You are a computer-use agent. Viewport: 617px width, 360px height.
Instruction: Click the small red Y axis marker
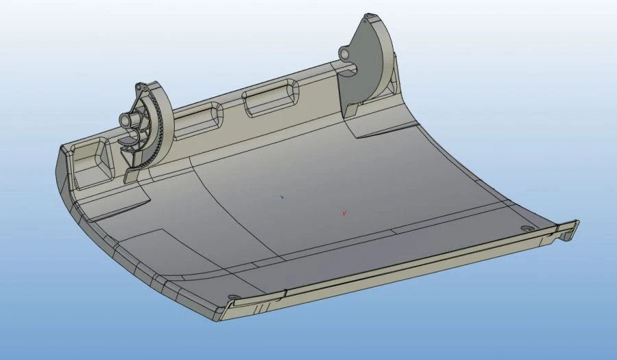344,213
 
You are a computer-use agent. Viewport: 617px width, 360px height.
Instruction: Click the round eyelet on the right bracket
345,51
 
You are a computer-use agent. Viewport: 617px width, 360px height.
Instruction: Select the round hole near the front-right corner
526,228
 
